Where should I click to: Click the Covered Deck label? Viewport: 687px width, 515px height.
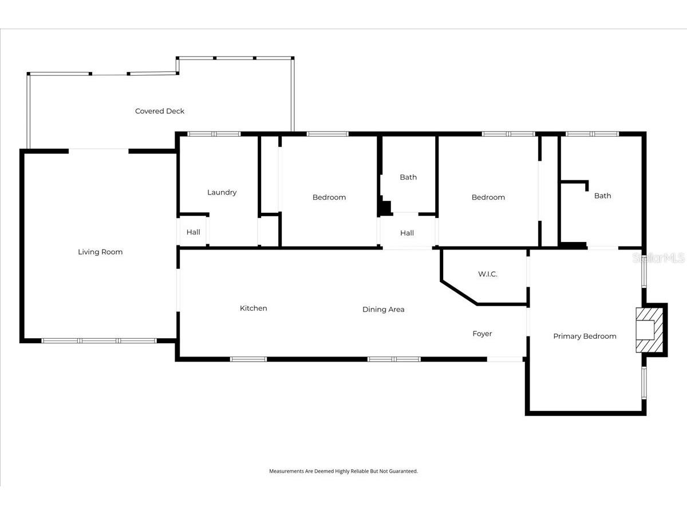[160, 111]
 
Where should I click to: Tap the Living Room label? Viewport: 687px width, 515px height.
[100, 252]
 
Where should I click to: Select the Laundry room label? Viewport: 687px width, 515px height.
[222, 192]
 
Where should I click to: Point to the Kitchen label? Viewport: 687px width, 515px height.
[254, 308]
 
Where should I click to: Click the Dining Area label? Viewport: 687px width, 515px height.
[384, 310]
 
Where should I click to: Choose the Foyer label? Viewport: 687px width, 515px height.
[482, 334]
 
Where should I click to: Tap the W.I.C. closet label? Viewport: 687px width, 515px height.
[488, 274]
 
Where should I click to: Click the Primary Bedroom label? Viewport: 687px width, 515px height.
[585, 336]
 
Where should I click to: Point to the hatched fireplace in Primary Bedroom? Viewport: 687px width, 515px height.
[649, 330]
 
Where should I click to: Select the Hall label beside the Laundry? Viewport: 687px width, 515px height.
[193, 232]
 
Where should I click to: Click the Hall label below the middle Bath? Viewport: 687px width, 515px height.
[407, 233]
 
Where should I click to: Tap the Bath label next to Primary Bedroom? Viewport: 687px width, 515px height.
[602, 196]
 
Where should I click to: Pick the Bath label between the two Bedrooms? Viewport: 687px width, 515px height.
[408, 177]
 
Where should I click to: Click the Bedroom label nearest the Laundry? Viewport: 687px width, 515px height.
[329, 197]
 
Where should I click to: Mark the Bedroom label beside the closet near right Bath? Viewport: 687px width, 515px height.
[488, 197]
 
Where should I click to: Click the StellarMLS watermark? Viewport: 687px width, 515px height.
[659, 257]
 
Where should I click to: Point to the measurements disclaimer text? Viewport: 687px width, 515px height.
[343, 471]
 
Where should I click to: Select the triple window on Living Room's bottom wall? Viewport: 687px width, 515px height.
[99, 340]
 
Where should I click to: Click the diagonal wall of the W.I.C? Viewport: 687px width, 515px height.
[459, 293]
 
